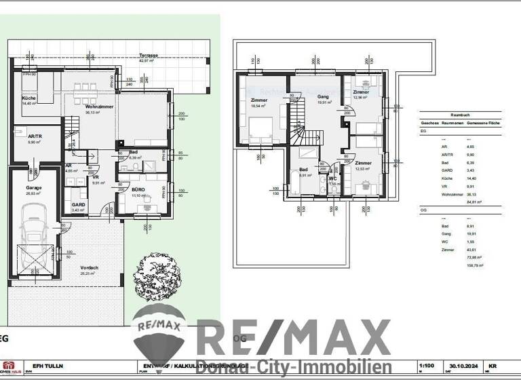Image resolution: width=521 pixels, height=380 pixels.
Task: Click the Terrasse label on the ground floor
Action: pos(149,55)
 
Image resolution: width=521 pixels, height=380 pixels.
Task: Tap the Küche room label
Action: pos(28,99)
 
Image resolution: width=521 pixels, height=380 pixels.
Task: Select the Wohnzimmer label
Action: pos(99,107)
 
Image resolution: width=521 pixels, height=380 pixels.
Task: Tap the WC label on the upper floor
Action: pos(332,178)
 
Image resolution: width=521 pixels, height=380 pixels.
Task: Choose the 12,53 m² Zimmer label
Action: pos(363,164)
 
